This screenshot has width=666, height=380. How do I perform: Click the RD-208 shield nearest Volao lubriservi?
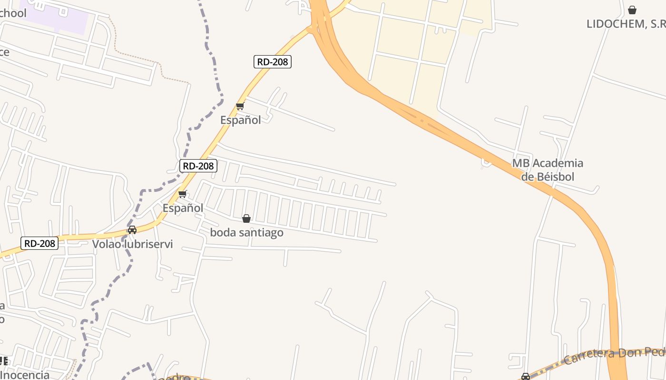click(x=39, y=244)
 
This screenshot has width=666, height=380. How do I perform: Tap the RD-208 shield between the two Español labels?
click(x=198, y=166)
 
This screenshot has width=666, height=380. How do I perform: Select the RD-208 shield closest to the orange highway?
click(x=272, y=61)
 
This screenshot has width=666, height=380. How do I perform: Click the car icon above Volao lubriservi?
click(x=132, y=230)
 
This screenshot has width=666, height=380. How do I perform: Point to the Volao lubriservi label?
click(x=132, y=244)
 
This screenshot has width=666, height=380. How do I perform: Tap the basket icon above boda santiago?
click(x=246, y=218)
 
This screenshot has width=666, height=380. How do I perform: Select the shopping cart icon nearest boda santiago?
click(x=183, y=194)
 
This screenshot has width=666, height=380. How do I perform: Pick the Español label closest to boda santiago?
click(x=183, y=208)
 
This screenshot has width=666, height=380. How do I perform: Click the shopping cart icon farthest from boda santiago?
click(x=240, y=106)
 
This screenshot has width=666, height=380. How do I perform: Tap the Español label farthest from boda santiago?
click(x=240, y=120)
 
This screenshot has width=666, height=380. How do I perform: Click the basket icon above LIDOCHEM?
click(x=632, y=10)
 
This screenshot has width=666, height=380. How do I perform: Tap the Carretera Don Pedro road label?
click(x=614, y=355)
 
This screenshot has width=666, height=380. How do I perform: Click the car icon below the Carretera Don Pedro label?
click(x=525, y=377)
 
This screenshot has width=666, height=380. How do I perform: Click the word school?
click(x=13, y=13)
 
